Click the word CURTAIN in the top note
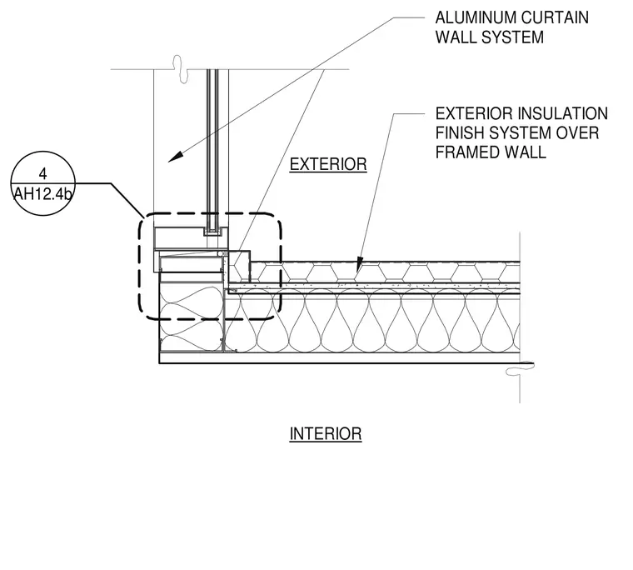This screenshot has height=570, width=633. pos(555,17)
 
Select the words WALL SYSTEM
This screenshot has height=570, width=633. pos(490,37)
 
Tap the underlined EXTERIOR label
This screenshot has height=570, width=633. pos(328,165)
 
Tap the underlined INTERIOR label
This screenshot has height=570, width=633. pos(326,434)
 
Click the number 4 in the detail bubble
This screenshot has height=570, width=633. pos(42,173)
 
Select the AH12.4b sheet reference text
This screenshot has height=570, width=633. pos(42,194)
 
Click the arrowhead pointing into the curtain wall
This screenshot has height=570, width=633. pos(175,157)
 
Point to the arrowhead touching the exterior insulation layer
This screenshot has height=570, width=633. pos(358,264)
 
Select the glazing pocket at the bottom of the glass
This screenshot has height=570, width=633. pos(212,231)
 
